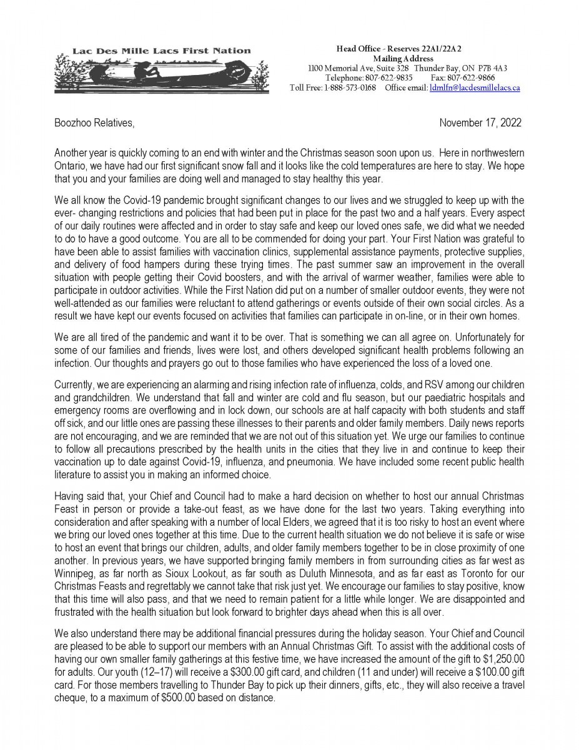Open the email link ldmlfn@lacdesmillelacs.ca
pyautogui.click(x=475, y=88)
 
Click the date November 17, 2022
pyautogui.click(x=480, y=123)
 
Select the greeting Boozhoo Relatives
pyautogui.click(x=94, y=123)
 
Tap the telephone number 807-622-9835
pyautogui.click(x=385, y=78)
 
